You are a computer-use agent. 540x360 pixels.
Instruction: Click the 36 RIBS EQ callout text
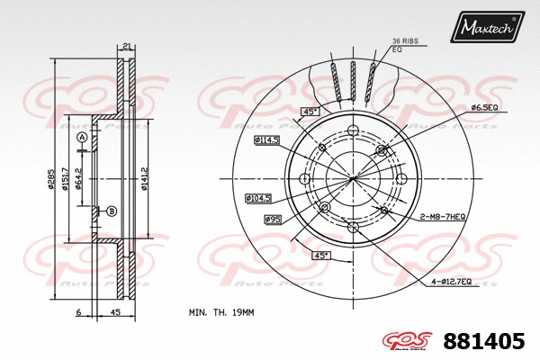(x=404, y=45)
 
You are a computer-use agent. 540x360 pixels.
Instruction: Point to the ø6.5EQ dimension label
(x=483, y=108)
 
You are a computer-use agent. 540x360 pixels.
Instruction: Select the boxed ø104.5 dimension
(x=260, y=197)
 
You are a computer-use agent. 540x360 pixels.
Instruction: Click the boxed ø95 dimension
(x=273, y=219)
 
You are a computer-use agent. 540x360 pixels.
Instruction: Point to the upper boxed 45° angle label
(x=310, y=112)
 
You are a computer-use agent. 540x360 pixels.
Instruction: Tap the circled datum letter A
(x=82, y=137)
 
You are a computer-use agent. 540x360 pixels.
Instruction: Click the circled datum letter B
(x=112, y=211)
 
